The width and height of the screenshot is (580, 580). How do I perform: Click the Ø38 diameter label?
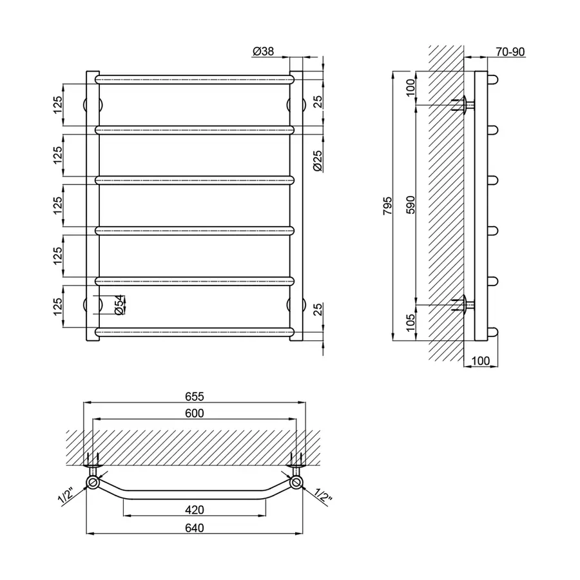(x=263, y=52)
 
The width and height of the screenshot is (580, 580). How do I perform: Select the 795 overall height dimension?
(x=387, y=206)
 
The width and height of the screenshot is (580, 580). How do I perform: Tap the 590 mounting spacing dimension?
(x=411, y=205)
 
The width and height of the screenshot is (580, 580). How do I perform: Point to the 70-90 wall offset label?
(x=510, y=52)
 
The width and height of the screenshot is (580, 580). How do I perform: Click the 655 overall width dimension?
(x=194, y=396)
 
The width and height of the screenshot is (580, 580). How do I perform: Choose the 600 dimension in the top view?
(x=194, y=413)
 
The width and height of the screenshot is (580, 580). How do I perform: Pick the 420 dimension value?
(x=194, y=510)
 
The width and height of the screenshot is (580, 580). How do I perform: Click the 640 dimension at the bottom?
(x=194, y=528)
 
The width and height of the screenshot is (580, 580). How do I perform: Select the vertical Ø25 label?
(x=317, y=161)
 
